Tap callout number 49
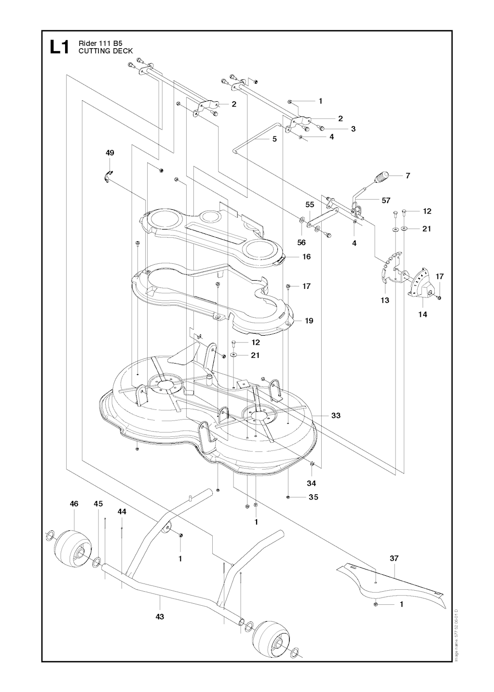point(110,153)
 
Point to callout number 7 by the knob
point(408,176)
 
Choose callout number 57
point(385,200)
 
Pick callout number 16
point(306,257)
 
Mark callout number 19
point(309,321)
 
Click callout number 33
point(336,415)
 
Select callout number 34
point(311,483)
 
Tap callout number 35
point(313,497)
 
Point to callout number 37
point(394,558)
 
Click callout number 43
point(160,616)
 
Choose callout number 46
point(74,504)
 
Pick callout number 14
point(423,314)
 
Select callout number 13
point(385,300)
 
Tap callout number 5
point(274,139)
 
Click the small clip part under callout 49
point(107,175)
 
